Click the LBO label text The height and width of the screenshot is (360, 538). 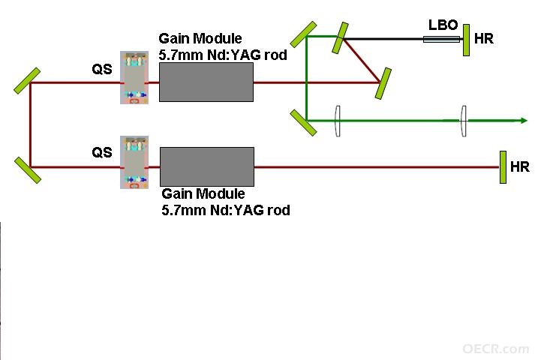[443, 25]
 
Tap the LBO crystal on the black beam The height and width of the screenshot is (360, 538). [441, 39]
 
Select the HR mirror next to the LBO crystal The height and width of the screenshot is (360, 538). [466, 40]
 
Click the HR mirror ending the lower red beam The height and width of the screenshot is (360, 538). [503, 167]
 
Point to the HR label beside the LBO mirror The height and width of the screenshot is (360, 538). [484, 39]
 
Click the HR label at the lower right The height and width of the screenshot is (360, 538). [520, 167]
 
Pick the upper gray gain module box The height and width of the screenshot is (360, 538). [206, 82]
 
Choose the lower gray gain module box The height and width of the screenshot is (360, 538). [207, 167]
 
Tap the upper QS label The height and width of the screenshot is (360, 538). [102, 69]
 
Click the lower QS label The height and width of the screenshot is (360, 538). [102, 152]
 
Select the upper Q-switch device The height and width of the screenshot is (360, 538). [134, 77]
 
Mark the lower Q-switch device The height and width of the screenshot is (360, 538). [134, 162]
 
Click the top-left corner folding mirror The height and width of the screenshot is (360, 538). [27, 81]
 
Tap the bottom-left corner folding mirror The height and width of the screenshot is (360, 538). [28, 170]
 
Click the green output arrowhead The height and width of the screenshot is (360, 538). [524, 120]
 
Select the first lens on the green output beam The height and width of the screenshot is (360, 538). [338, 121]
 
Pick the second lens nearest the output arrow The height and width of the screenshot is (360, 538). [463, 121]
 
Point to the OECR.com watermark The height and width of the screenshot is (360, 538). [496, 349]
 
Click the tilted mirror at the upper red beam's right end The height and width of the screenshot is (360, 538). [383, 84]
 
